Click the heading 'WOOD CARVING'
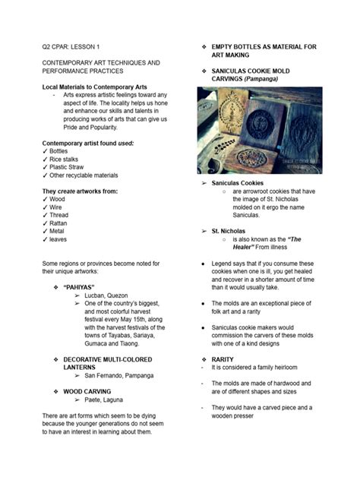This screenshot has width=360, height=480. click(x=87, y=391)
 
